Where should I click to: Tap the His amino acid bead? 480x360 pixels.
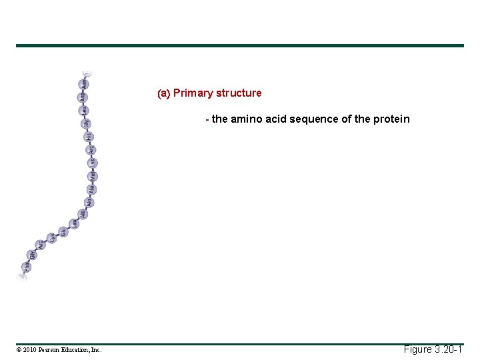tap(88, 137)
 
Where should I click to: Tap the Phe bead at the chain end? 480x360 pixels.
tap(26, 265)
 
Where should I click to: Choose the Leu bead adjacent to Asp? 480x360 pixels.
tap(85, 110)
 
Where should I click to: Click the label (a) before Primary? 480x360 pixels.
tap(163, 93)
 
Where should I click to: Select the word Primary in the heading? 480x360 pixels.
tap(193, 93)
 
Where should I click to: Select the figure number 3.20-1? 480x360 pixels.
tap(447, 349)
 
